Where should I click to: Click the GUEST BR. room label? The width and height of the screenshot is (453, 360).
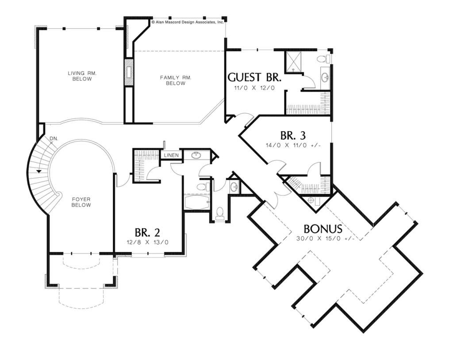(x=254, y=77)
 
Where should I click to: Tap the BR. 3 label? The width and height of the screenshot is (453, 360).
(x=293, y=135)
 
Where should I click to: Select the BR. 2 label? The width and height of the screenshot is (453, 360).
(x=147, y=233)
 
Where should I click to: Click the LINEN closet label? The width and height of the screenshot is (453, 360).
(x=171, y=155)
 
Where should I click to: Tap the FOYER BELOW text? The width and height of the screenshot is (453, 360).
(x=81, y=202)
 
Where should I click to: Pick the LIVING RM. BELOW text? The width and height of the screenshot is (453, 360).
(x=82, y=76)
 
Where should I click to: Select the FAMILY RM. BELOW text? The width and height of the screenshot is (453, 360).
(x=176, y=80)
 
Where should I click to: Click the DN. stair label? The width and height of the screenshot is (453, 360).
(x=54, y=139)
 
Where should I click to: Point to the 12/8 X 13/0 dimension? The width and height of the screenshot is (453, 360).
(x=147, y=242)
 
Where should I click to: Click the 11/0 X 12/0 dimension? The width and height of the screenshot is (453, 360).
(x=254, y=88)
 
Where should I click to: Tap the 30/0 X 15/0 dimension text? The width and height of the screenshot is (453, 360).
(x=325, y=239)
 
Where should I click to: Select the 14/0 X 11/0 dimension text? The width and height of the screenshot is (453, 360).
(x=293, y=146)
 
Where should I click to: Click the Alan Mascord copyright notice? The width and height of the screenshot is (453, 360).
(x=188, y=22)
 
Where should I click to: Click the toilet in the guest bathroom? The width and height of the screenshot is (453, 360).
(x=323, y=59)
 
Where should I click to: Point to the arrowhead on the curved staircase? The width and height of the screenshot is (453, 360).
(x=39, y=171)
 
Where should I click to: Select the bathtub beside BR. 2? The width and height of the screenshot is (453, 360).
(x=197, y=202)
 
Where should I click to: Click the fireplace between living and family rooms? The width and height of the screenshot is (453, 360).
(x=129, y=72)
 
